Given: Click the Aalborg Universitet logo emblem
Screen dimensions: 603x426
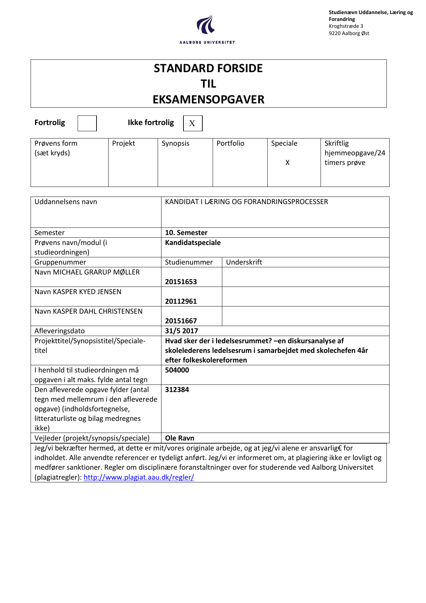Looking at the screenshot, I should [206, 24].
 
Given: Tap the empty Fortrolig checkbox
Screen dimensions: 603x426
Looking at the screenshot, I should [87, 123].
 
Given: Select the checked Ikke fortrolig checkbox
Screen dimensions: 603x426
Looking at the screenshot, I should [192, 123].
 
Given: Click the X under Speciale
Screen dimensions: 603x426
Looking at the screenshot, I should [288, 163].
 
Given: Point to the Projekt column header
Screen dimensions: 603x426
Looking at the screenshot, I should [123, 143].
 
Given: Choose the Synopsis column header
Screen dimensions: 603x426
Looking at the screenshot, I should [175, 143].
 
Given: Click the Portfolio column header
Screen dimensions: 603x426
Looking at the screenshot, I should [230, 143].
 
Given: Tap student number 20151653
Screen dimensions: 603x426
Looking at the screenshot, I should [181, 282].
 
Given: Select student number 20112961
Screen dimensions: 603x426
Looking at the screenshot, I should [181, 301].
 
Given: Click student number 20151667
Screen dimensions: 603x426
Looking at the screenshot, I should [181, 321].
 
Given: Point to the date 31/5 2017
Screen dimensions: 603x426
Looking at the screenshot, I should [181, 331].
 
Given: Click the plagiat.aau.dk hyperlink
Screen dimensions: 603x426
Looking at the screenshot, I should [139, 477].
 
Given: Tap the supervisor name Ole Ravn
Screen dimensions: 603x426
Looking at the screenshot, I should [179, 438].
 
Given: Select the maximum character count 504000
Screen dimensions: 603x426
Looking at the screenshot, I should [177, 370].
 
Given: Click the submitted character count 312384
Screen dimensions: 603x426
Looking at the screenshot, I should [177, 390].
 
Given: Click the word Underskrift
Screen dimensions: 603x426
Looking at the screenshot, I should [244, 262].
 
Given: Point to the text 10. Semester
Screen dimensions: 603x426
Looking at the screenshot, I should [186, 233].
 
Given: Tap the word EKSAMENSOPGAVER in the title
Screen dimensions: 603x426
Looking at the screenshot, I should [209, 100].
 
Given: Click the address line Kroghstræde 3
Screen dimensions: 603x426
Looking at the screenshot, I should [346, 26].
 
